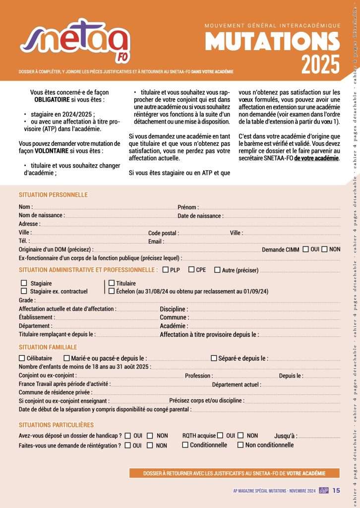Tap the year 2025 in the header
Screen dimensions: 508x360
(320, 63)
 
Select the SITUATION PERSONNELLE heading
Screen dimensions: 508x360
(53, 195)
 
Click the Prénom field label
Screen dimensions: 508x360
(188, 207)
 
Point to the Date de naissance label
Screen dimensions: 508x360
(200, 216)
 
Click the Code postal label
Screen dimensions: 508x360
(163, 233)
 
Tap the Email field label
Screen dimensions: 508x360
(156, 242)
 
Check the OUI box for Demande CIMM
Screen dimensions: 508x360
(305, 249)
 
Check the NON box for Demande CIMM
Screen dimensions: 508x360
(324, 249)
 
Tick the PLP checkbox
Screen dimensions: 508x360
(166, 270)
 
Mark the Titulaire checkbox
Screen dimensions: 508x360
(112, 283)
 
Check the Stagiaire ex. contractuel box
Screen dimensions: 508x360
(23, 291)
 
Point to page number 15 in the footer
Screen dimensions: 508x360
(336, 491)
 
